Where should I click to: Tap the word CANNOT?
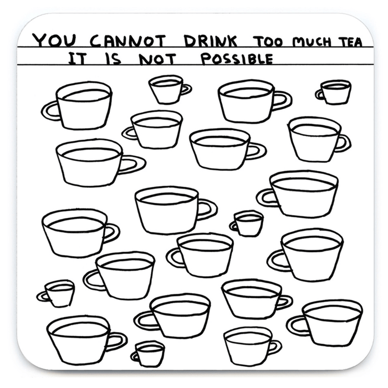(x=127, y=40)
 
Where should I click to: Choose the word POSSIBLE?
(x=237, y=59)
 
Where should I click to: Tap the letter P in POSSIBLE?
(x=205, y=59)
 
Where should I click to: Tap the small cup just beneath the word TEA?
(x=336, y=92)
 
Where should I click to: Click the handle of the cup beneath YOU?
(x=50, y=110)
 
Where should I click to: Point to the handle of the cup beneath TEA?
(x=320, y=94)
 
